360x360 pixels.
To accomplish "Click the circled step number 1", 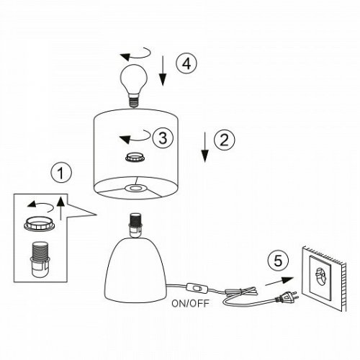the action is click(x=61, y=173).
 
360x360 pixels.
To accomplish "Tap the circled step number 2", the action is click(x=225, y=140).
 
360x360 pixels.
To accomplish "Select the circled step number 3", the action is click(x=163, y=138).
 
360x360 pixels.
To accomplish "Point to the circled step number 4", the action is click(x=186, y=63).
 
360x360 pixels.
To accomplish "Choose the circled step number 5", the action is click(x=278, y=261).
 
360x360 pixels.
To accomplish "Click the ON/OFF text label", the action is click(x=191, y=304).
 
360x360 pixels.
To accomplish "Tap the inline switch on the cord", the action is click(x=197, y=288).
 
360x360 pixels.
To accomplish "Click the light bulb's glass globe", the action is click(x=133, y=79).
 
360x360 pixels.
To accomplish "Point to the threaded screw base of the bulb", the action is click(x=134, y=101).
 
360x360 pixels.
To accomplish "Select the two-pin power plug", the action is click(x=287, y=297).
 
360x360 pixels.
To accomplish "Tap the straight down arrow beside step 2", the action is click(x=204, y=147).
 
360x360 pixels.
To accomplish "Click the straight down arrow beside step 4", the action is click(x=163, y=71).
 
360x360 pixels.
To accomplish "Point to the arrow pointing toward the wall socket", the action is click(x=279, y=282).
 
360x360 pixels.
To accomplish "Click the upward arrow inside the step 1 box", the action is click(x=60, y=208).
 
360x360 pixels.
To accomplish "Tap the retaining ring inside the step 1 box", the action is click(x=40, y=224).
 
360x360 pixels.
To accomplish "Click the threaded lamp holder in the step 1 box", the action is click(x=39, y=260).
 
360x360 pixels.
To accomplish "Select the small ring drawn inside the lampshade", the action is click(x=135, y=157).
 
